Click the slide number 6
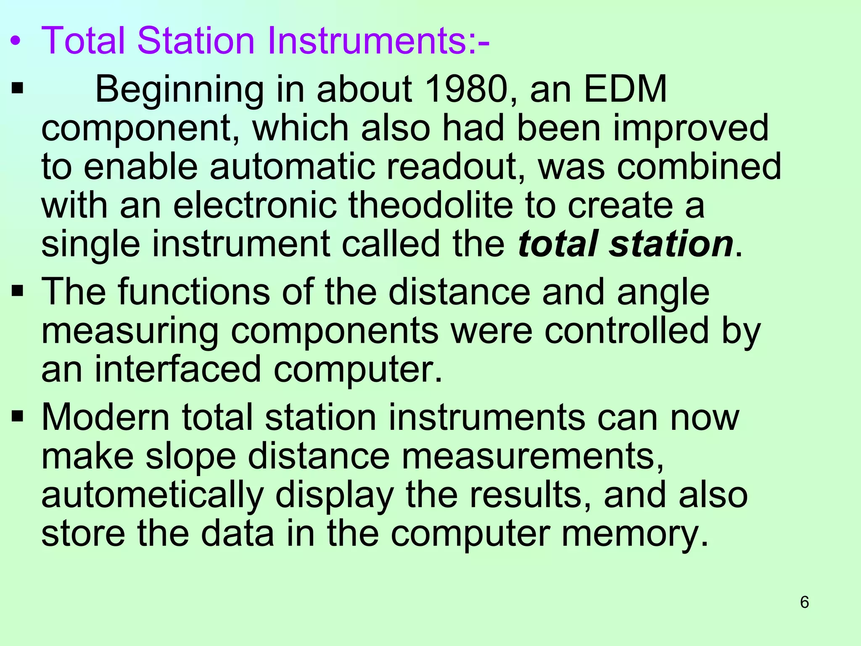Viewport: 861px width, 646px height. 804,602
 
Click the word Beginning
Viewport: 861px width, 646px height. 180,90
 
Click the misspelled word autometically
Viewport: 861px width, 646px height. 152,495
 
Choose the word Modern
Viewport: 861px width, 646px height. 106,418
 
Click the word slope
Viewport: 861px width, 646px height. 190,457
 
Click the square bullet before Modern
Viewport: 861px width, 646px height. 17,417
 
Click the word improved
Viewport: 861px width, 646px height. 691,128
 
